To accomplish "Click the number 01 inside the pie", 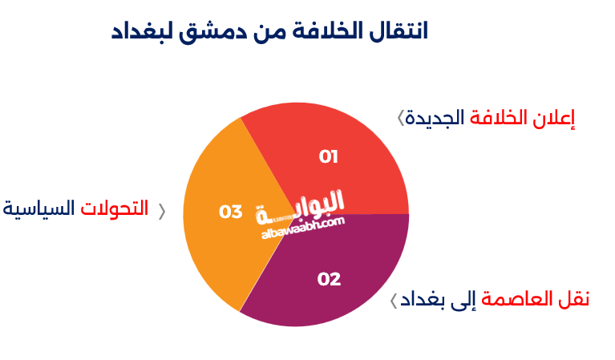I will click(x=328, y=156).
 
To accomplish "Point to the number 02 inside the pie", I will click(x=329, y=279).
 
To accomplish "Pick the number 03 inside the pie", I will click(x=231, y=212).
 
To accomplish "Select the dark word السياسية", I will click(x=39, y=209).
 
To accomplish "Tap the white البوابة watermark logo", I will click(x=300, y=206).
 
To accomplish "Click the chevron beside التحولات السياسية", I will click(x=161, y=211).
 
